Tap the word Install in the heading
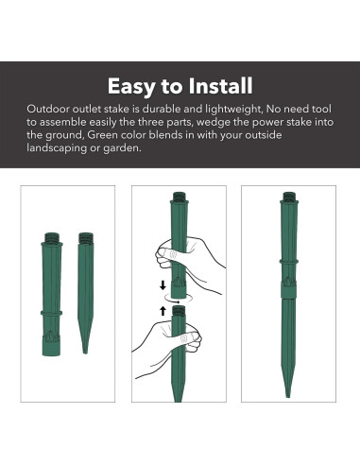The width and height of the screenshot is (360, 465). pyautogui.click(x=220, y=86)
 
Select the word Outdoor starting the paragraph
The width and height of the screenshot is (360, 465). pyautogui.click(x=48, y=109)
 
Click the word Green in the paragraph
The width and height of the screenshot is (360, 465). pyautogui.click(x=102, y=135)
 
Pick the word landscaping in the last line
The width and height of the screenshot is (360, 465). pyautogui.click(x=57, y=148)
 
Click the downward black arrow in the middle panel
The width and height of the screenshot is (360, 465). pyautogui.click(x=163, y=285)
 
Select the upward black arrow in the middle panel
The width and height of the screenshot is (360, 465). pyautogui.click(x=163, y=311)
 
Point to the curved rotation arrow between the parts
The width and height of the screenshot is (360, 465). pyautogui.click(x=179, y=300)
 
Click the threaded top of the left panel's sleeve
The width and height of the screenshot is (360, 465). pyautogui.click(x=52, y=237)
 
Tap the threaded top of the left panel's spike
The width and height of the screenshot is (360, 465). pyautogui.click(x=86, y=237)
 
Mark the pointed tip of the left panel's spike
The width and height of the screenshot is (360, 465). pyautogui.click(x=85, y=353)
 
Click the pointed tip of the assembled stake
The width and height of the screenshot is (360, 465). pyautogui.click(x=287, y=396)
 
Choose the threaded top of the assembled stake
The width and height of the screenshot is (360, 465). pyautogui.click(x=289, y=197)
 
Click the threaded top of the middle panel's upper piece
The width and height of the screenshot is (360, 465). pyautogui.click(x=180, y=196)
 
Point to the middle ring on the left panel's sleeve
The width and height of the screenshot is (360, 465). pyautogui.click(x=51, y=313)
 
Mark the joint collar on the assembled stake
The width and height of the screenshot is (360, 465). pyautogui.click(x=288, y=289)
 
